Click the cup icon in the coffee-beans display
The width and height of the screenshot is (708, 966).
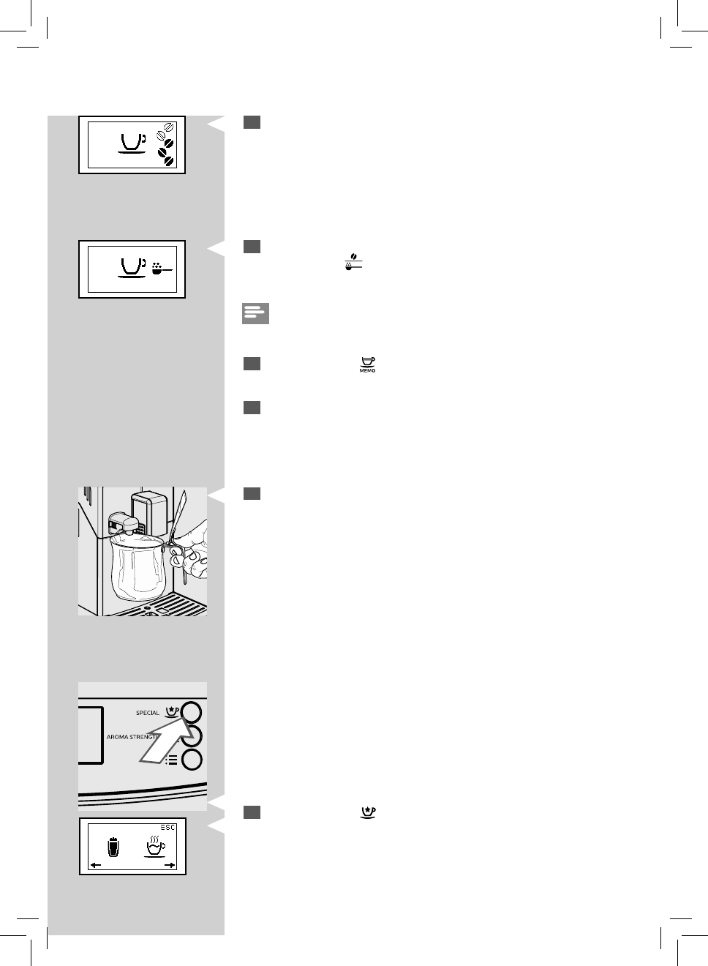[132, 143]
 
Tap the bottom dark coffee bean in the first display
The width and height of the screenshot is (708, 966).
[168, 161]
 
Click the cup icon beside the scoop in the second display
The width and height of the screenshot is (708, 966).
[132, 267]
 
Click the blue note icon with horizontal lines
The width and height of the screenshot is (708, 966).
[255, 313]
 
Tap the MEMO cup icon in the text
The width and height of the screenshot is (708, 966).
[367, 364]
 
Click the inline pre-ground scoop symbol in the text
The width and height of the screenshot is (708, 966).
[353, 262]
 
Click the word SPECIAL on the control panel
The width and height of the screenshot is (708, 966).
[147, 713]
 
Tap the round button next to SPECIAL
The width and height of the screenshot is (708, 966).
[192, 712]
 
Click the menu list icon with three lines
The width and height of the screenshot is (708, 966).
[171, 760]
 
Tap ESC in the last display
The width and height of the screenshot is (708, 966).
[168, 828]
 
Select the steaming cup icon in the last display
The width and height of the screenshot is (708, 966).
[154, 846]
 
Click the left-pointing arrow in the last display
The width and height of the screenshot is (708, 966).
[96, 865]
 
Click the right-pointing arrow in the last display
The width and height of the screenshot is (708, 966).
[170, 865]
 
